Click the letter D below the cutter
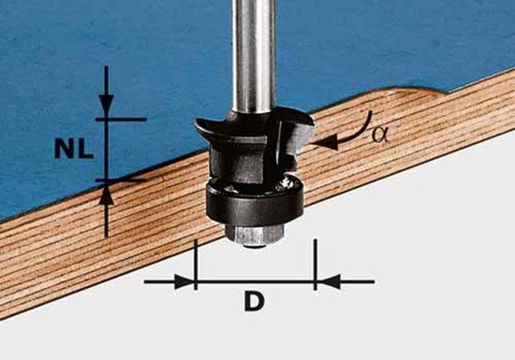click(254, 302)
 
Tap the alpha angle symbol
click(380, 135)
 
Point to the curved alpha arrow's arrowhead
click(325, 143)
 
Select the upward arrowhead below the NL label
click(106, 194)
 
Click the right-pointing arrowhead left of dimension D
click(184, 281)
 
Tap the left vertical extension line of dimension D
click(196, 265)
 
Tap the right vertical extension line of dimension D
click(316, 265)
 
